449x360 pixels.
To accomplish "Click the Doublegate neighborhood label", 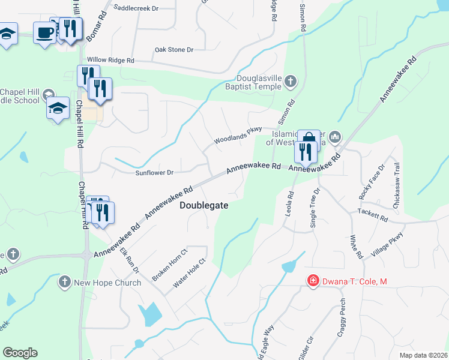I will pos(204,205).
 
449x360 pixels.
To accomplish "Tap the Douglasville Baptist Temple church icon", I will pos(291,80).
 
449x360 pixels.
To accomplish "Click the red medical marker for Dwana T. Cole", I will pos(312,281).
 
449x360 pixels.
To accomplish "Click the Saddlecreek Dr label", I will pos(136,9).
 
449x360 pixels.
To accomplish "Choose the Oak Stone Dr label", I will pos(174,50).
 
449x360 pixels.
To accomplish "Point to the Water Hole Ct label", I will pos(190,274).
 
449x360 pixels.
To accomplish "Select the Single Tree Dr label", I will pos(315,208).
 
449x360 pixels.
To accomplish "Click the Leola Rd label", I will pos(290,203).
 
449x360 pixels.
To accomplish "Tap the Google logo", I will pos(20,353).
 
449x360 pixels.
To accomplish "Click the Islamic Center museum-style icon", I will pos(335,137).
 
